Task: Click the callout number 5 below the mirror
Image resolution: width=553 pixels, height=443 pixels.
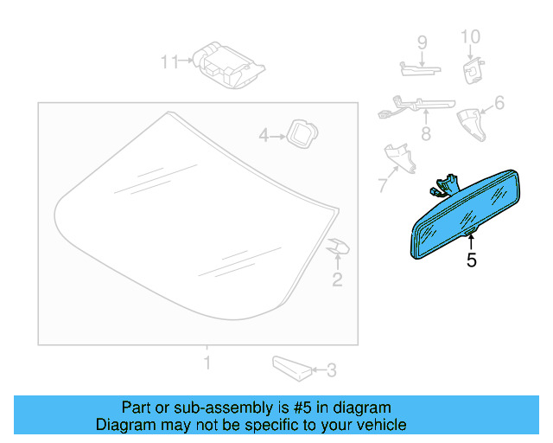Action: click(x=472, y=260)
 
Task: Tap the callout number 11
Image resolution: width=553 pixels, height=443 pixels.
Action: click(x=169, y=61)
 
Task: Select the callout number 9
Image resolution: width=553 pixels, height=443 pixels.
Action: click(x=423, y=43)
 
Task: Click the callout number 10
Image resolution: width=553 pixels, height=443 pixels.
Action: click(x=470, y=37)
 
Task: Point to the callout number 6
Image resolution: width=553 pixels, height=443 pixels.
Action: click(x=499, y=103)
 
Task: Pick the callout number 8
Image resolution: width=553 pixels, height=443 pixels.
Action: click(x=426, y=134)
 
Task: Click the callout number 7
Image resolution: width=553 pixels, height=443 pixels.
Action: click(x=383, y=185)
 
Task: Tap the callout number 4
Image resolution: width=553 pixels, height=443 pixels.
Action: click(x=264, y=135)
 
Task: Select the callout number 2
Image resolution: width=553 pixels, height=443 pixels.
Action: click(x=337, y=279)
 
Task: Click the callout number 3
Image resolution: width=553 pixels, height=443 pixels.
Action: click(x=332, y=370)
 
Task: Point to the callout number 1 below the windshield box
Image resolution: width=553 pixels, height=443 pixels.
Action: click(x=207, y=363)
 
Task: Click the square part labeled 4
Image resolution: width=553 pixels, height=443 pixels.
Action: click(x=302, y=134)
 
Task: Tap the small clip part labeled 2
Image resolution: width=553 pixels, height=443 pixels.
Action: click(x=338, y=246)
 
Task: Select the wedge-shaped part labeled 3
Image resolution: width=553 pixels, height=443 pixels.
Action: click(x=292, y=369)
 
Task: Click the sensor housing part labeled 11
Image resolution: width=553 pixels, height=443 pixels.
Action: click(x=228, y=66)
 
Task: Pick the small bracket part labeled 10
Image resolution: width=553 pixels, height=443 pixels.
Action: click(x=474, y=71)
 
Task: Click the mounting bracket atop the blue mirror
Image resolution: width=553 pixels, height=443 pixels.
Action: click(x=445, y=185)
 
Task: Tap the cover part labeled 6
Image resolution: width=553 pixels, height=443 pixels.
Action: click(x=472, y=125)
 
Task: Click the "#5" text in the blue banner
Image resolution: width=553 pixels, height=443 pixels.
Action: click(x=302, y=408)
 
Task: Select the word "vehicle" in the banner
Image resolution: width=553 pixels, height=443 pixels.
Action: click(x=385, y=425)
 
